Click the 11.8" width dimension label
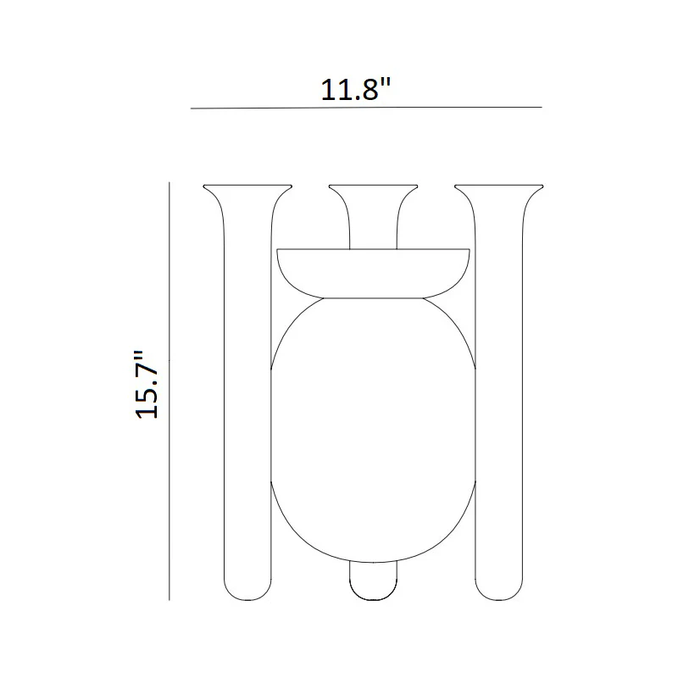coord(355,90)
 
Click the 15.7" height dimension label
coord(147,385)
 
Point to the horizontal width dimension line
coord(366,108)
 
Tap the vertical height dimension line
coord(169,391)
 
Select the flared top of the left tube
coord(247,189)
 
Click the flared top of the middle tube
coord(373,189)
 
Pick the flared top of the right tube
coord(499,189)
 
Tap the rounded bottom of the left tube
coord(247,590)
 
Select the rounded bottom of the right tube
coord(499,590)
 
